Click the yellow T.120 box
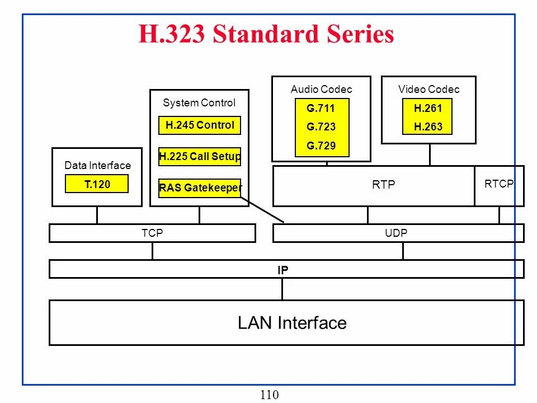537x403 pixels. click(x=97, y=184)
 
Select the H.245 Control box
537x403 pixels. click(x=200, y=125)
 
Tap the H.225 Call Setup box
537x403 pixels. click(x=200, y=157)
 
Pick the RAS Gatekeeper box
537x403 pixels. click(x=200, y=188)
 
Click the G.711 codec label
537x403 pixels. click(x=321, y=109)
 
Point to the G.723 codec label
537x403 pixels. click(x=321, y=127)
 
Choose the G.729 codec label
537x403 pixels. click(x=321, y=146)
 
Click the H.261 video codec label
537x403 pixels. click(x=428, y=109)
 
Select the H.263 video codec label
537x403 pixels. click(x=428, y=127)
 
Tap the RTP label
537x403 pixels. click(x=384, y=185)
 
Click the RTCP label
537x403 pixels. click(x=499, y=184)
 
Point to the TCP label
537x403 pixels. click(x=152, y=233)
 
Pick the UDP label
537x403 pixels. click(x=396, y=233)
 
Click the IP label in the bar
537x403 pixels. click(x=283, y=270)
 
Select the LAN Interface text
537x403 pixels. click(x=292, y=323)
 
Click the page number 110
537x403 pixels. click(x=269, y=395)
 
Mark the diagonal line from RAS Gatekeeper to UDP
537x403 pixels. click(x=263, y=209)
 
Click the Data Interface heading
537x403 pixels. click(x=97, y=166)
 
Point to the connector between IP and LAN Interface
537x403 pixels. click(x=282, y=289)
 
